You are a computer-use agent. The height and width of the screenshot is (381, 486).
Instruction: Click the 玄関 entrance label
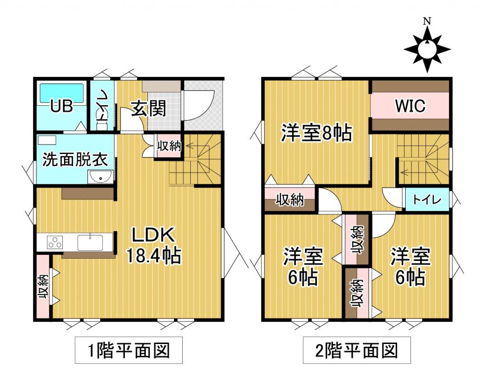click(x=149, y=109)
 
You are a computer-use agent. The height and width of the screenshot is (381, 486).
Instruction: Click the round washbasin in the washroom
click(x=100, y=177)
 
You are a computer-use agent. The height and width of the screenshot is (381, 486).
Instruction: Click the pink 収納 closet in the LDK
click(x=43, y=287)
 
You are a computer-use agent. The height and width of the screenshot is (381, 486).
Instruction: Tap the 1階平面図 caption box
click(x=122, y=352)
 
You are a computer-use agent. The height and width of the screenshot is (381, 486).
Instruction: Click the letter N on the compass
click(x=427, y=21)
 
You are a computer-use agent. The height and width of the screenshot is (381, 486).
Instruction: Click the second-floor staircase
click(x=422, y=159)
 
